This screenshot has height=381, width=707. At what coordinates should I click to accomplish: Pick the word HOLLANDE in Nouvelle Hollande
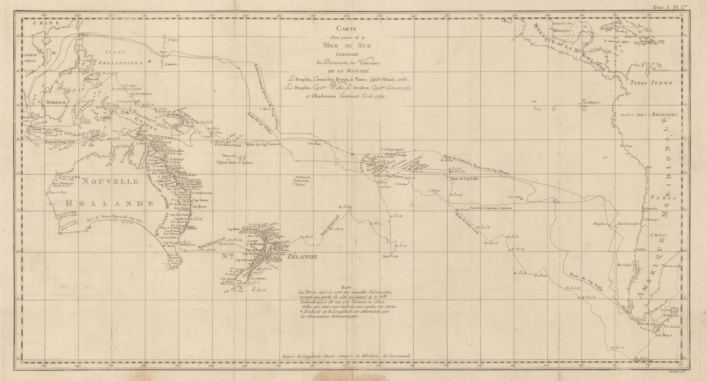tap(109, 203)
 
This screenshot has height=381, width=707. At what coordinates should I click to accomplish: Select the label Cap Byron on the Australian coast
tap(200, 207)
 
